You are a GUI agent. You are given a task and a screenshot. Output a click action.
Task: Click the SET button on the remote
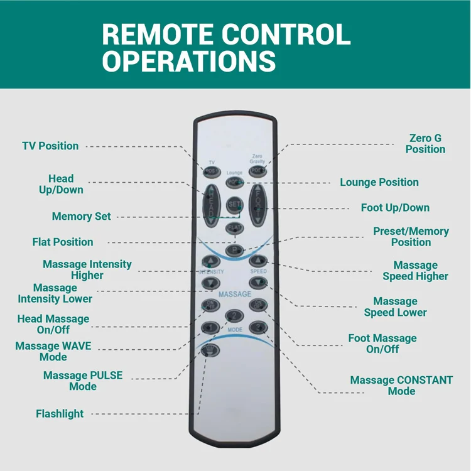[234, 205]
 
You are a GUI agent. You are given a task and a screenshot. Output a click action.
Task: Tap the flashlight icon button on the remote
[210, 351]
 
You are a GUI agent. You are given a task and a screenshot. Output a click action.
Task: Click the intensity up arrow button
[209, 261]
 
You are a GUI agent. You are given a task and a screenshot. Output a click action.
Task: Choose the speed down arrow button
[258, 283]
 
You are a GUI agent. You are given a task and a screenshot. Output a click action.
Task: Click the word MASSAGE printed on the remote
[235, 294]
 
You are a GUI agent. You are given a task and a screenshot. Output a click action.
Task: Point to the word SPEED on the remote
[259, 271]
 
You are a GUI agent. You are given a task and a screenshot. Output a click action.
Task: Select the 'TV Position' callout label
[50, 146]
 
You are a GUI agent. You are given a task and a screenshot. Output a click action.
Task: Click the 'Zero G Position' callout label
[425, 144]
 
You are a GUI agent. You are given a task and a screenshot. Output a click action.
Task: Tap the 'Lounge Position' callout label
[379, 182]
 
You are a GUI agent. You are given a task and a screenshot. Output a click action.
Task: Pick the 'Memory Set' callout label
[81, 216]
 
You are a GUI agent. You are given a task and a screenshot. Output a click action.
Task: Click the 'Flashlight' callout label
[60, 414]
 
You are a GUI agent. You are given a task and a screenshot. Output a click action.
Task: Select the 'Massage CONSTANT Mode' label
[401, 386]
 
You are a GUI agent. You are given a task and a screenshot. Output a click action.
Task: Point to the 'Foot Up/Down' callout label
[395, 207]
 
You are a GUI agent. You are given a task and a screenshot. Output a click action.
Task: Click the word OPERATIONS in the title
[189, 62]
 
